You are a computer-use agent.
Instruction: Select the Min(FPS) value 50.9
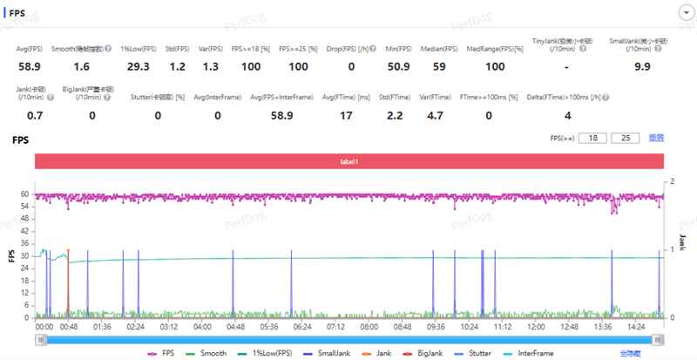pyautogui.click(x=397, y=66)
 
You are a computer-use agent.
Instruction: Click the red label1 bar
pyautogui.click(x=349, y=161)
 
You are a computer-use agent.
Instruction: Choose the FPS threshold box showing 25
pyautogui.click(x=625, y=138)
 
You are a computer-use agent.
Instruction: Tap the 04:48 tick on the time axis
pyautogui.click(x=234, y=327)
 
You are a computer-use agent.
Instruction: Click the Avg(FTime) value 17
pyautogui.click(x=347, y=115)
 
